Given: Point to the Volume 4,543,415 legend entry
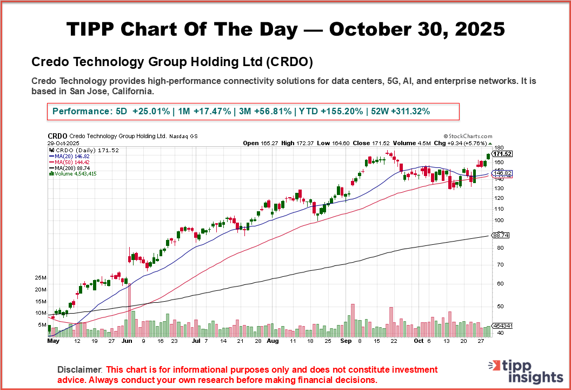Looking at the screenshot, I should point(74,173).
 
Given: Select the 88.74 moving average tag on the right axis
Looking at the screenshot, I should point(500,235).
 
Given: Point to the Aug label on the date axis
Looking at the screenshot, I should point(273,341).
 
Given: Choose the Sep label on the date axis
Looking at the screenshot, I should point(346,341).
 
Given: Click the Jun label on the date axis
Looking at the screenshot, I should point(127,341).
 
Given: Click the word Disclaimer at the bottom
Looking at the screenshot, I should point(79,369).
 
